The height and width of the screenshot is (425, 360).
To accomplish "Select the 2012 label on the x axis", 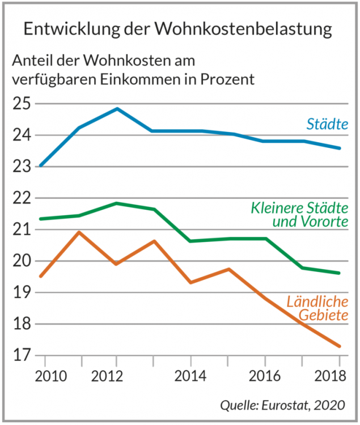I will tap(117, 377).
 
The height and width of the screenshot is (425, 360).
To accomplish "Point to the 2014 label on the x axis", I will tap(190, 377).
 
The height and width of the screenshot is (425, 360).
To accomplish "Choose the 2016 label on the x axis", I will tap(265, 377).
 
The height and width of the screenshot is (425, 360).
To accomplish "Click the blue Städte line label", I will tap(327, 123).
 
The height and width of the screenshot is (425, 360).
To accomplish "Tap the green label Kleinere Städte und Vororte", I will tap(299, 215).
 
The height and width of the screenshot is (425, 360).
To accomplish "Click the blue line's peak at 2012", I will tap(117, 108).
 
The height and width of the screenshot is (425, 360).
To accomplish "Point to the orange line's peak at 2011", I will tap(80, 232).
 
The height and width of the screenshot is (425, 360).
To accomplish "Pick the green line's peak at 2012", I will tap(117, 203).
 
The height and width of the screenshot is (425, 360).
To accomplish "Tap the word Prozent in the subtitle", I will tap(226, 79).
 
